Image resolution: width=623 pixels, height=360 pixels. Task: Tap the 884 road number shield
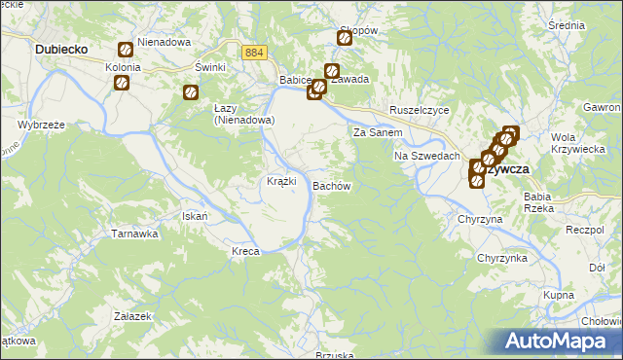coord(254,53)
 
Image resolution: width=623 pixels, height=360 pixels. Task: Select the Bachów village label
coord(331,185)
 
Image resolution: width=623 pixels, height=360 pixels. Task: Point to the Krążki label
coord(282,182)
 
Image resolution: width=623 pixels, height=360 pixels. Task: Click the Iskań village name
coord(195,215)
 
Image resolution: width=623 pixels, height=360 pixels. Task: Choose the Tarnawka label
coord(134,234)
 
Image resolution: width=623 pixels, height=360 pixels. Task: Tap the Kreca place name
coord(245,251)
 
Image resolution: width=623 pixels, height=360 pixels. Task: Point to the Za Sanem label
coord(378,132)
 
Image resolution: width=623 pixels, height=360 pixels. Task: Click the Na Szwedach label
coord(426,156)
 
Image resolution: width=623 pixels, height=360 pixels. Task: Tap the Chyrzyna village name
coord(480,220)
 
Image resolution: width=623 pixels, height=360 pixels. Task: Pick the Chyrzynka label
coord(501,258)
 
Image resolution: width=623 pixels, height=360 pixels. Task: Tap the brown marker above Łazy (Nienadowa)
coord(191,93)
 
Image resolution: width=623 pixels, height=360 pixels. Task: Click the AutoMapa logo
coord(561,341)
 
